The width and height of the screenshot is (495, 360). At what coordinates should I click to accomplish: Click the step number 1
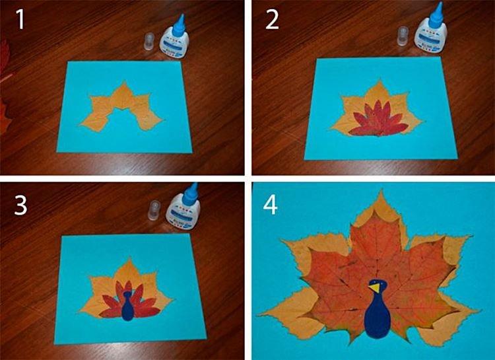point(21,20)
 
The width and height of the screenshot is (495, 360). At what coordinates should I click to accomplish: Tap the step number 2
point(271,20)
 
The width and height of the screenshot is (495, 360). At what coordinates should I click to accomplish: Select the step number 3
point(21,205)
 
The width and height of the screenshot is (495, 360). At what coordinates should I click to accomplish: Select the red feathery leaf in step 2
point(375,123)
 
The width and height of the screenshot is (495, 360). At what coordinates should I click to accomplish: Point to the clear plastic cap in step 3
point(156,210)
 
